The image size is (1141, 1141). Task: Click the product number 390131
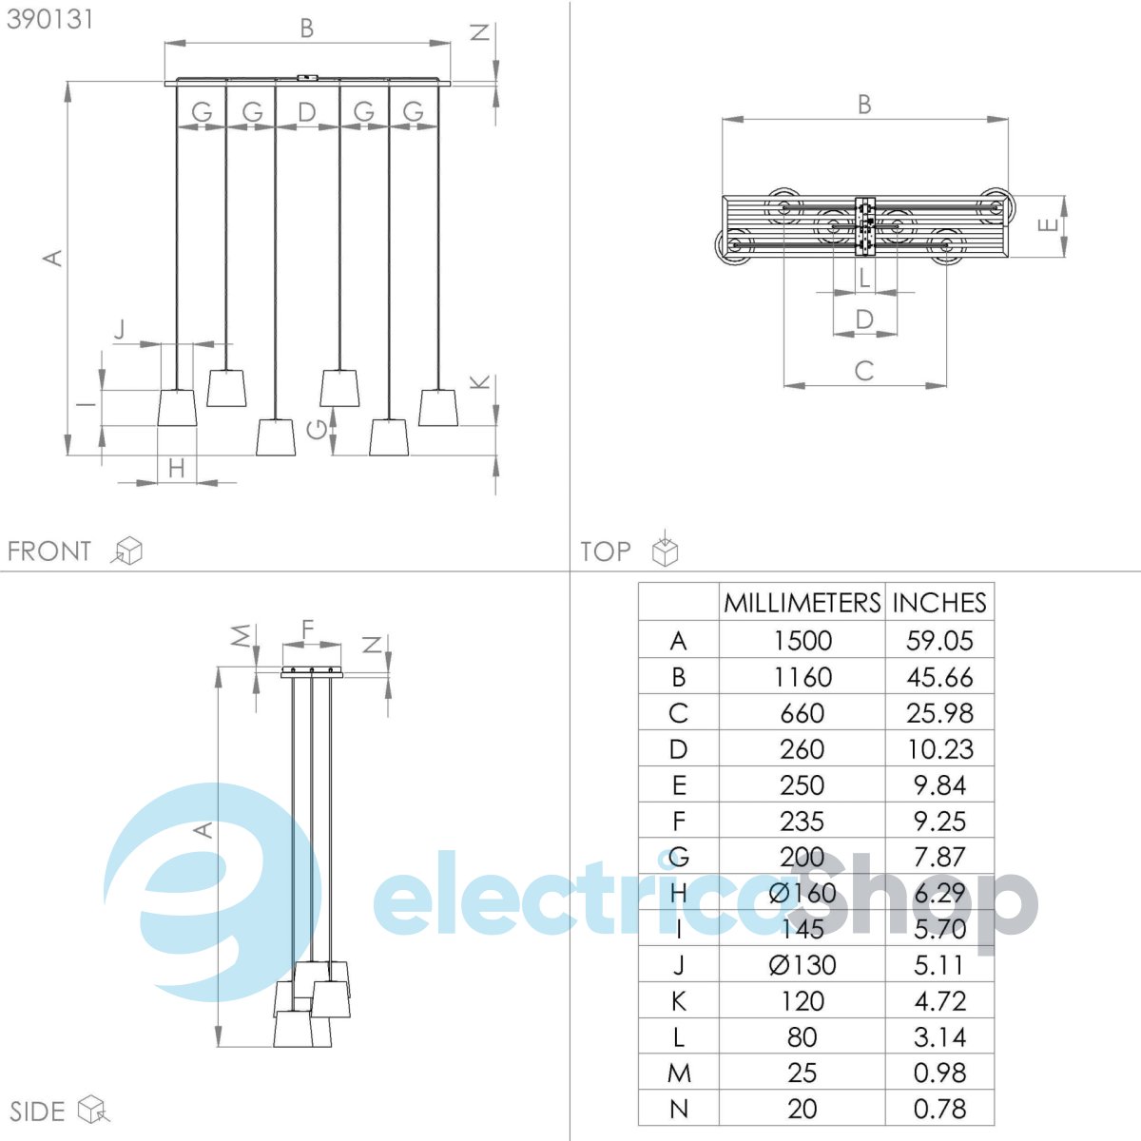tap(49, 20)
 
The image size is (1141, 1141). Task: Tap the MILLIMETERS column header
tap(803, 603)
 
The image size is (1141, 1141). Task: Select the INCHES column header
tap(939, 603)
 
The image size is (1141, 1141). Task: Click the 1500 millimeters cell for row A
tap(803, 641)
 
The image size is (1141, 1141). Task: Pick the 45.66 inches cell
tap(939, 677)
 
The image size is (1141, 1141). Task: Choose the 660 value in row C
tap(803, 713)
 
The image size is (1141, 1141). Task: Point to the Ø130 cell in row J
tap(803, 966)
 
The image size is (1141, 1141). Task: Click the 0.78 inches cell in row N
tap(939, 1109)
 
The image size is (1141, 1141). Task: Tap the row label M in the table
tap(679, 1073)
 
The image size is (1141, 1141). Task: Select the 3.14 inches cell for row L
tap(939, 1037)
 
